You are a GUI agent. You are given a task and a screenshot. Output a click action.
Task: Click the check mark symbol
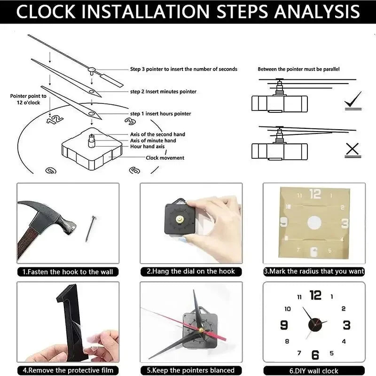coord(353,100)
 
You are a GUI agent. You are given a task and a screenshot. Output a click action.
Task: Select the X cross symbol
coord(352,150)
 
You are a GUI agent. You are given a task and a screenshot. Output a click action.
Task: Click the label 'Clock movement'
coord(165,158)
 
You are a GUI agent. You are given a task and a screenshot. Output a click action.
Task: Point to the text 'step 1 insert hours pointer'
coord(160,114)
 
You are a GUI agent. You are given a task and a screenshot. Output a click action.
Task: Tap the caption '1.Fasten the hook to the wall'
coord(68,272)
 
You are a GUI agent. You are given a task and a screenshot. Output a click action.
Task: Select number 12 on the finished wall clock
coord(315,295)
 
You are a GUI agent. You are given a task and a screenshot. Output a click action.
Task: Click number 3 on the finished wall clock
coord(346,325)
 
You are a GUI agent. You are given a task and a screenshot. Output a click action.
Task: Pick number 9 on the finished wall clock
coord(284,325)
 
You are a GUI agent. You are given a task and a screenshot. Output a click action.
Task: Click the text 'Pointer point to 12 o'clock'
coord(28,99)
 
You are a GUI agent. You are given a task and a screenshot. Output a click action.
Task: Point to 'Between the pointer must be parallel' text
coord(298,69)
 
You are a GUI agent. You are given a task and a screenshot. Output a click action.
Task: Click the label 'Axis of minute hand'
coord(153,141)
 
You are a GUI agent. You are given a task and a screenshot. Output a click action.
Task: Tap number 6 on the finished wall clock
coord(315,355)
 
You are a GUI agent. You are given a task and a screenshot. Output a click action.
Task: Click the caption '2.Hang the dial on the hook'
coord(191,272)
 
